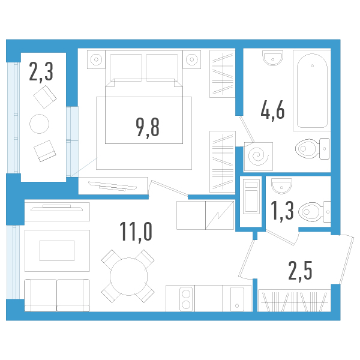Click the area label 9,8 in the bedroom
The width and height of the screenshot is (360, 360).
(x=148, y=127)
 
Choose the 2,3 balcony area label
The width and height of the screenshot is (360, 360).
(x=41, y=73)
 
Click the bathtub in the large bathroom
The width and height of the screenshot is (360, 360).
(x=311, y=90)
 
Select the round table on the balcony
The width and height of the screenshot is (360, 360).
(x=40, y=124)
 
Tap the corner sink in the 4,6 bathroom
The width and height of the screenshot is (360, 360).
(x=272, y=58)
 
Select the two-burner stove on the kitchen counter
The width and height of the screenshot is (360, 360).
(x=186, y=299)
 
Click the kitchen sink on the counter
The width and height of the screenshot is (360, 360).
(x=238, y=298)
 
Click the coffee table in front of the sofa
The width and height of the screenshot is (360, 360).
(x=57, y=250)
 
